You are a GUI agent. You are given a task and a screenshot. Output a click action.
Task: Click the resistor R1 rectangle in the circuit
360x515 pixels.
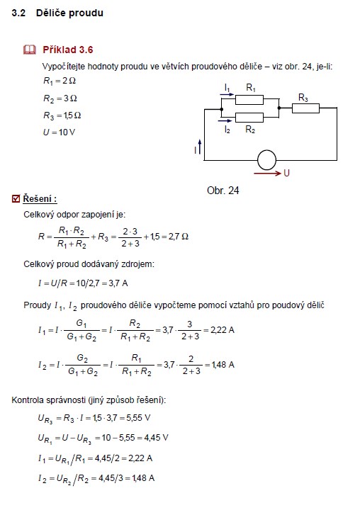249,99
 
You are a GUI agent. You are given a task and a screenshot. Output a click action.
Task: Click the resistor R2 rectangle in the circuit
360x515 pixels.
249,118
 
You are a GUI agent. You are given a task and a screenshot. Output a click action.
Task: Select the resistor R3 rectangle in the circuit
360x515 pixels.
305,108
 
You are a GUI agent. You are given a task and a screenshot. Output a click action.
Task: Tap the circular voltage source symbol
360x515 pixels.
266,160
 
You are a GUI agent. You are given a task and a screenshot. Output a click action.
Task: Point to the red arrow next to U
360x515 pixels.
268,173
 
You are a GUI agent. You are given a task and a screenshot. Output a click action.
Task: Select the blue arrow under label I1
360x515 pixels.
227,94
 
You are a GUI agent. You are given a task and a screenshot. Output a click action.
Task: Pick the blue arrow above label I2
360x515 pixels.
225,120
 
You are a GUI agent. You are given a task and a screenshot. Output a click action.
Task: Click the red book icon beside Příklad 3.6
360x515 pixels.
30,50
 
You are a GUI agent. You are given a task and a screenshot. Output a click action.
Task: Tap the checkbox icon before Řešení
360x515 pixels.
16,199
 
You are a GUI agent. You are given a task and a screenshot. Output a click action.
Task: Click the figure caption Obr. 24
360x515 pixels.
223,191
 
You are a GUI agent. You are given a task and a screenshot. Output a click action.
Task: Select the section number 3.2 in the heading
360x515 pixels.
18,13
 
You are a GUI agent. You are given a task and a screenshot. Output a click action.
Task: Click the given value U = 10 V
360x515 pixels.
59,132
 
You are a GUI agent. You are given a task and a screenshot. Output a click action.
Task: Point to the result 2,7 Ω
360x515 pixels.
179,237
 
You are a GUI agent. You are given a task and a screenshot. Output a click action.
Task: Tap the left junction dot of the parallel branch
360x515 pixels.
221,109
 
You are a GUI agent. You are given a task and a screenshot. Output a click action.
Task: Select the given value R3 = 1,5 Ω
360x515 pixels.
62,115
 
